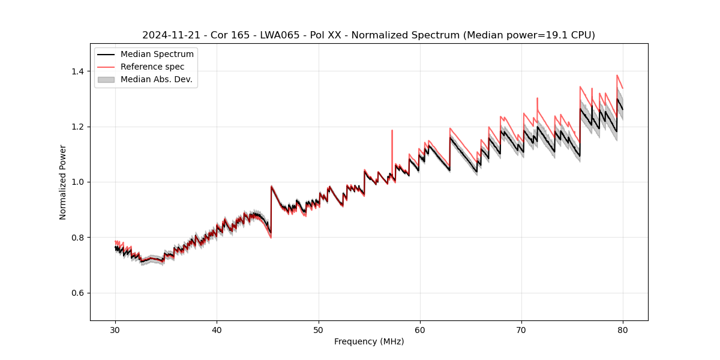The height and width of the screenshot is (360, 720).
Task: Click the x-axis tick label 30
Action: pyautogui.click(x=115, y=330)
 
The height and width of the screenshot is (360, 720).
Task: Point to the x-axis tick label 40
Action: pyautogui.click(x=217, y=330)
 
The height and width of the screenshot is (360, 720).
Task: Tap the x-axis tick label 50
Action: pyautogui.click(x=318, y=330)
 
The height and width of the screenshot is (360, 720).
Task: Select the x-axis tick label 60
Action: pyautogui.click(x=420, y=330)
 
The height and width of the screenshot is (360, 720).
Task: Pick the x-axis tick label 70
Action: pyautogui.click(x=521, y=330)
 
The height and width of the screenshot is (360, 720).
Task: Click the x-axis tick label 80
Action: pyautogui.click(x=623, y=330)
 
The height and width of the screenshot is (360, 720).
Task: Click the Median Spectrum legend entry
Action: pyautogui.click(x=157, y=55)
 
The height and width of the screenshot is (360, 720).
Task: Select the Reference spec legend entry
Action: pyautogui.click(x=152, y=67)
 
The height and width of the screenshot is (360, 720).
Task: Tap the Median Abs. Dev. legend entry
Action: pyautogui.click(x=156, y=79)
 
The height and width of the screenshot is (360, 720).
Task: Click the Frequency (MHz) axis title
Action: pyautogui.click(x=369, y=341)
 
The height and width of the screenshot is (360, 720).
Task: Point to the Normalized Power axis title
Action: pyautogui.click(x=63, y=182)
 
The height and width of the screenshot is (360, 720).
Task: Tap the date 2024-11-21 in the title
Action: pyautogui.click(x=169, y=35)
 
